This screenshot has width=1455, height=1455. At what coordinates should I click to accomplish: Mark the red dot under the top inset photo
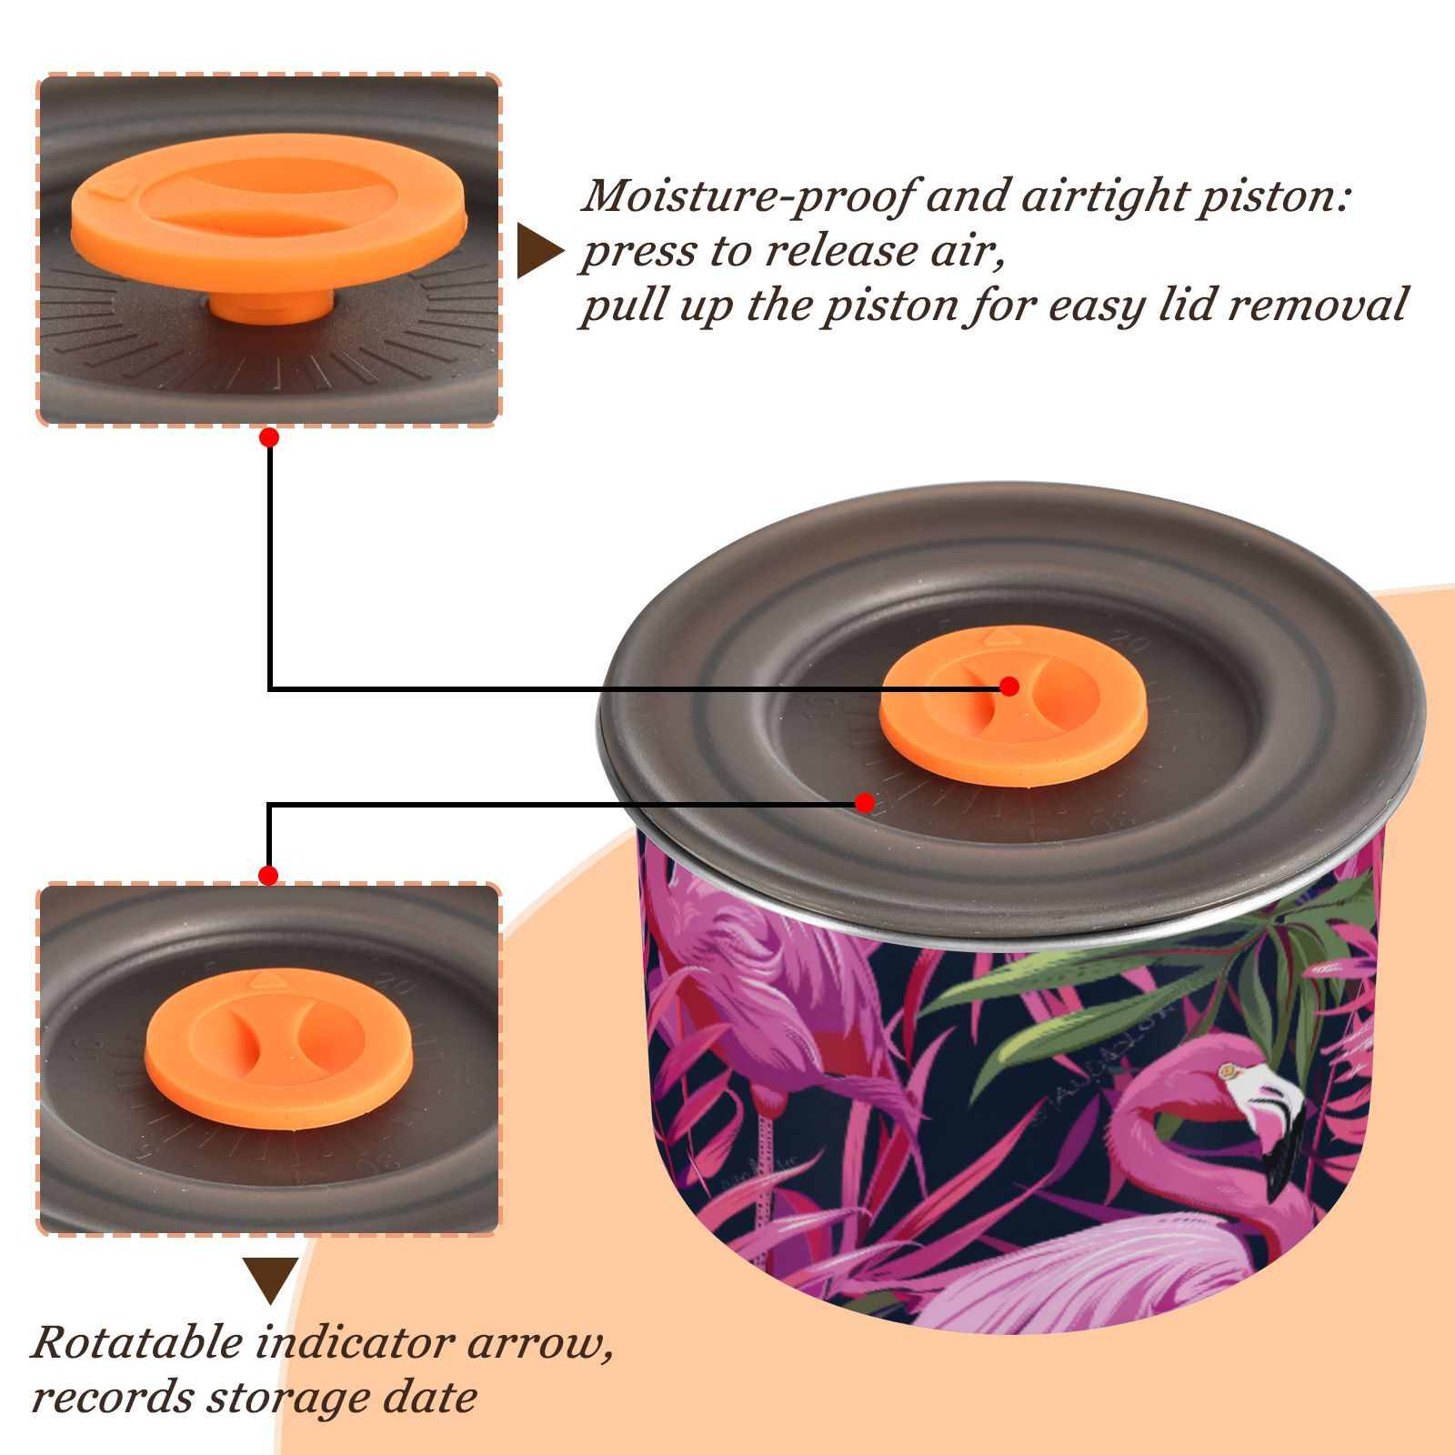point(269,437)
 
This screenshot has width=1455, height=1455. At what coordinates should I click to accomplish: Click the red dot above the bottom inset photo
point(268,876)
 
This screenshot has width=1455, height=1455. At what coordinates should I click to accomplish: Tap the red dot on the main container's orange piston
point(1008,687)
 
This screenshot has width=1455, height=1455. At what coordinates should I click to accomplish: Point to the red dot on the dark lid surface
point(865,803)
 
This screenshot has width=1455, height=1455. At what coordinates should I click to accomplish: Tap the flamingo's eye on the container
point(1229,1072)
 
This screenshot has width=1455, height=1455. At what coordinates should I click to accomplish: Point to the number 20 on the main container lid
point(1131,646)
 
